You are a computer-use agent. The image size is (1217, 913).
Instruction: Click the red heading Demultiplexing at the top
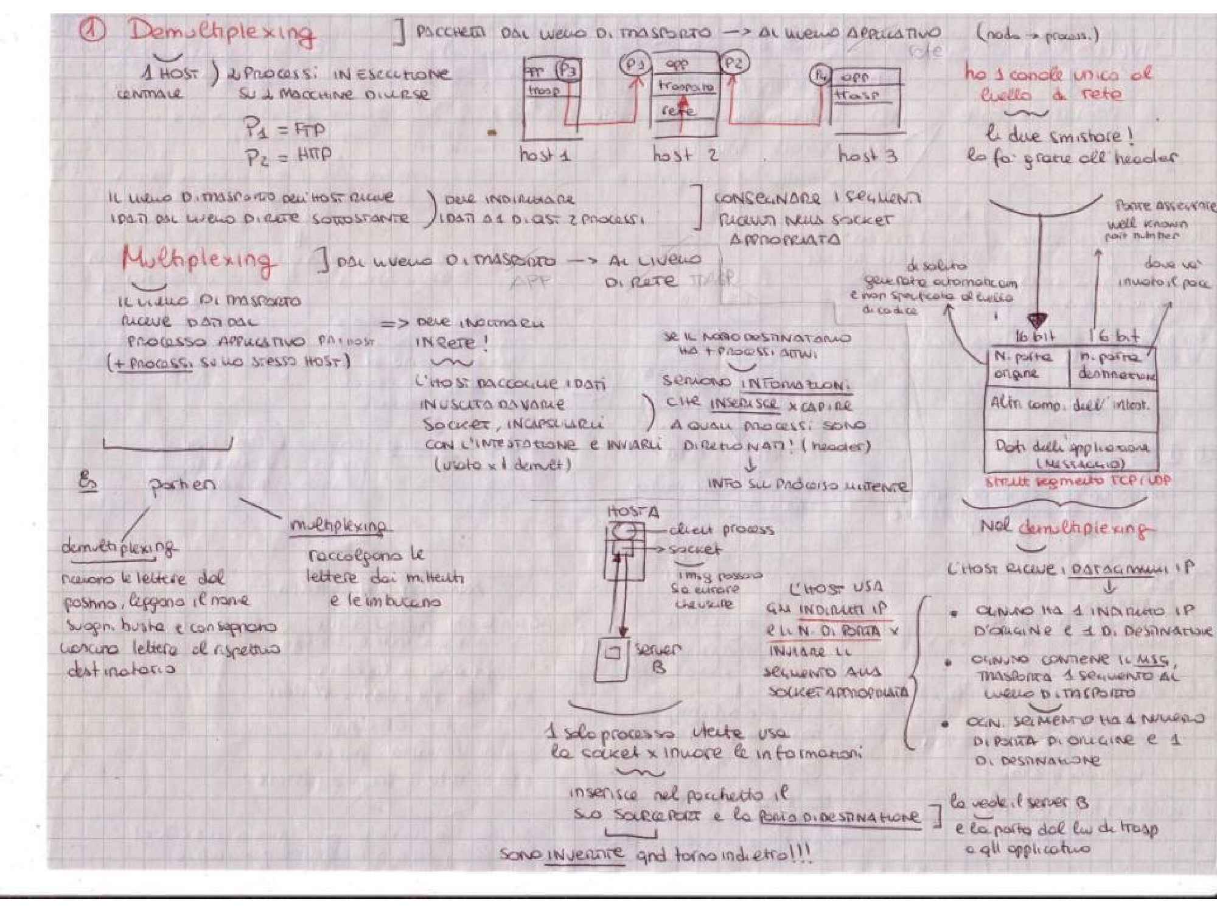point(221,33)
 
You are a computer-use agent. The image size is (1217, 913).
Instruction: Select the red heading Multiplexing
point(197,260)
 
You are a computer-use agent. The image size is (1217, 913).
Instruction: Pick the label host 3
point(868,155)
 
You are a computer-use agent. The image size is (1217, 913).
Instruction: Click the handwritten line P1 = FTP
point(284,130)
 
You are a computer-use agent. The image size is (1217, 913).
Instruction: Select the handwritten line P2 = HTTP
point(288,156)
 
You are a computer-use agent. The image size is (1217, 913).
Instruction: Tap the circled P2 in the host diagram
point(734,63)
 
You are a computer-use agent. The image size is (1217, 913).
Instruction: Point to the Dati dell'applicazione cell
point(1071,453)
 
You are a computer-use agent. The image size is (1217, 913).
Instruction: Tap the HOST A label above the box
point(633,512)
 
